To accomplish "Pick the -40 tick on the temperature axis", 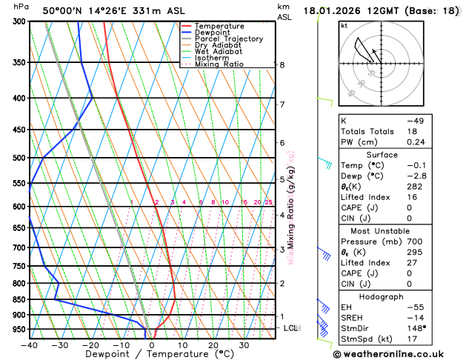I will pyautogui.click(x=29, y=345).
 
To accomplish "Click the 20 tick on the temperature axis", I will pyautogui.click(x=213, y=345).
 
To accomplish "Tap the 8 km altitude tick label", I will pyautogui.click(x=282, y=65).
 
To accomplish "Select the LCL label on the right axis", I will pyautogui.click(x=291, y=327).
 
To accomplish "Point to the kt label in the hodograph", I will pyautogui.click(x=344, y=25).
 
